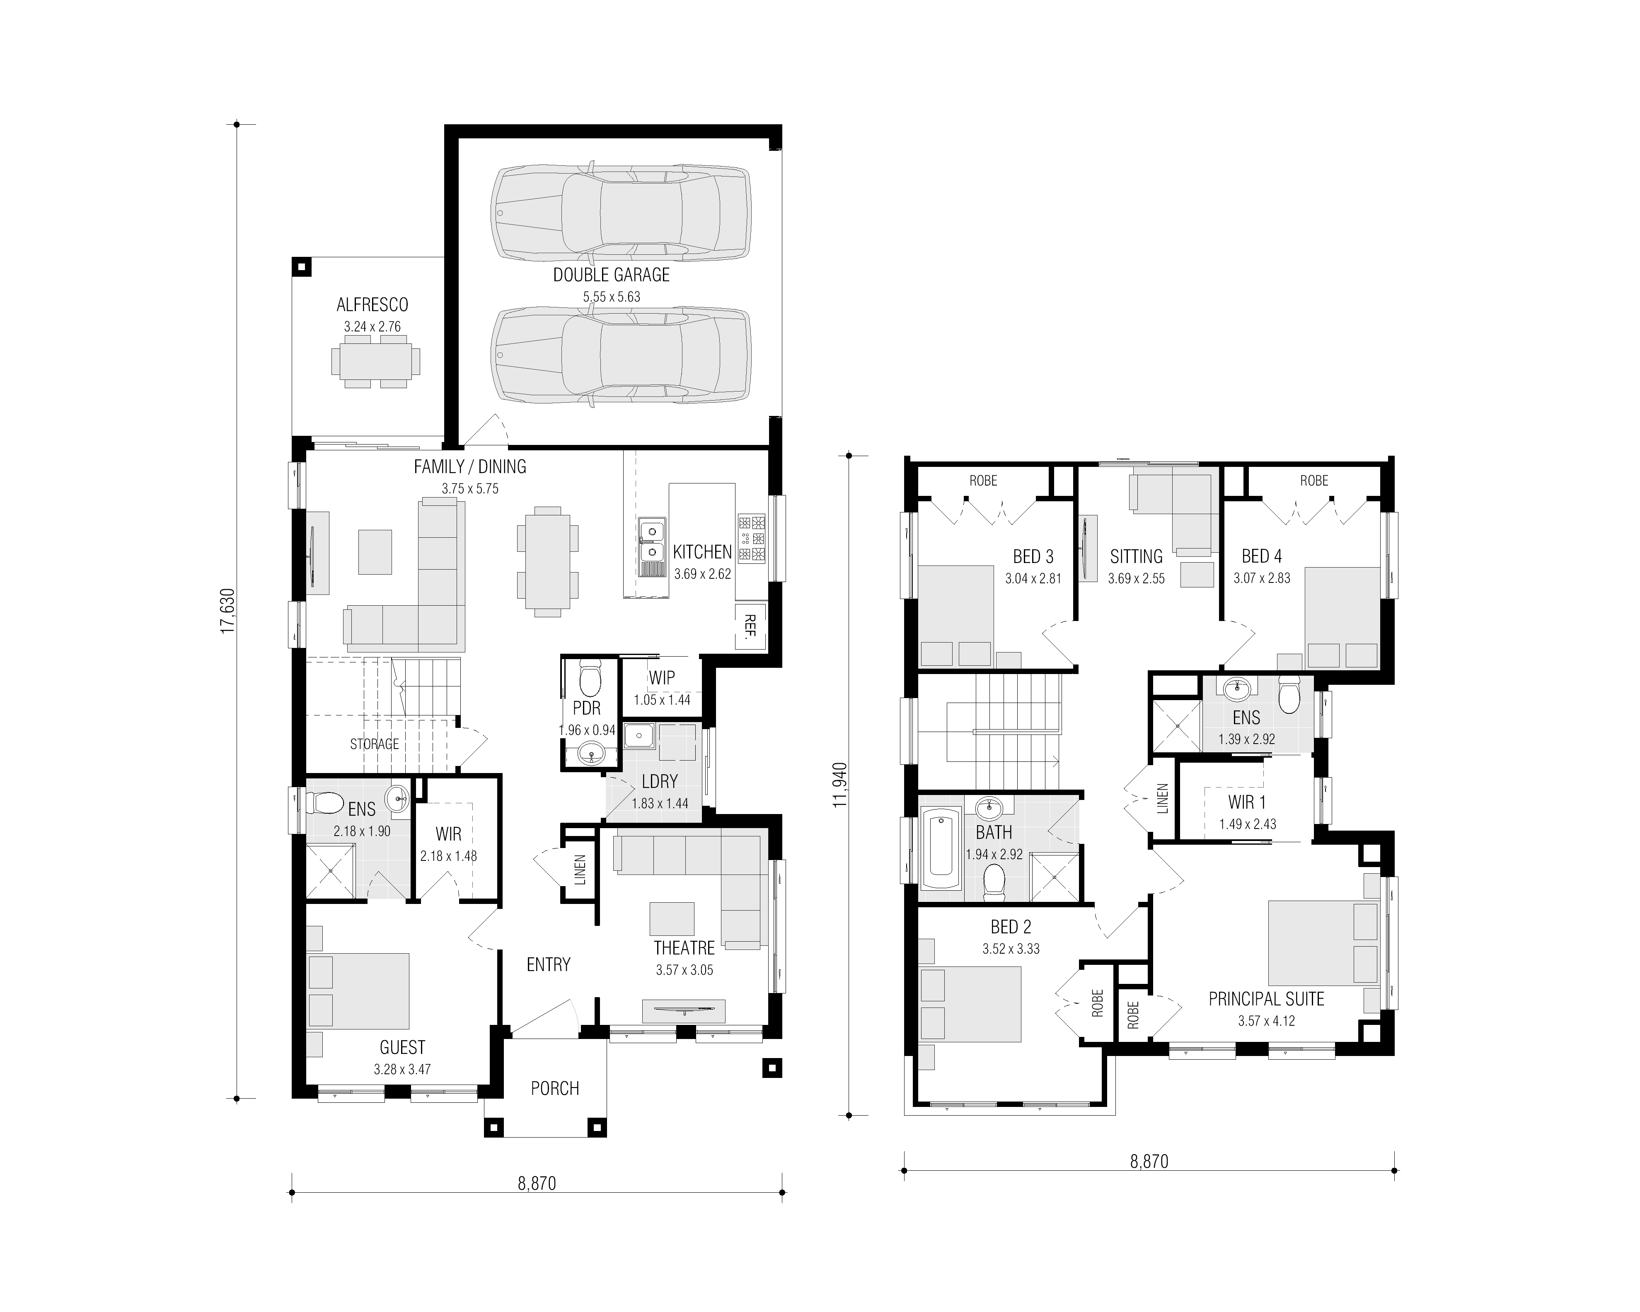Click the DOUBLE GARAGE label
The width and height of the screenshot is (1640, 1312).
(x=612, y=275)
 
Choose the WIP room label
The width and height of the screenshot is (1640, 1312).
(x=662, y=678)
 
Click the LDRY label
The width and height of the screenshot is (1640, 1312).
(x=660, y=781)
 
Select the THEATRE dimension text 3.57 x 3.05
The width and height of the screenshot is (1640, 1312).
(x=685, y=970)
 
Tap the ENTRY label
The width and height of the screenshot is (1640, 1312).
(x=549, y=964)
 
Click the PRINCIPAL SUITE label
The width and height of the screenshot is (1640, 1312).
(x=1267, y=999)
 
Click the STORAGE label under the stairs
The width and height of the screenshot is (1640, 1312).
(x=374, y=744)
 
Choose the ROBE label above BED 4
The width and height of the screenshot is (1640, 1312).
(x=1314, y=481)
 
